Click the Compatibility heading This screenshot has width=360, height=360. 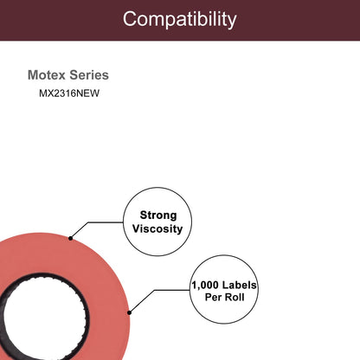[x=179, y=19]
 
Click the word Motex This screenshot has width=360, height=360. [x=47, y=75]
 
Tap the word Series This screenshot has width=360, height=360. [x=89, y=75]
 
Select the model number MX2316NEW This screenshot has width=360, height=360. [x=69, y=93]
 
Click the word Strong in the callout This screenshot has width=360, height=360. [x=158, y=215]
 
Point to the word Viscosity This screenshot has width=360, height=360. [x=157, y=228]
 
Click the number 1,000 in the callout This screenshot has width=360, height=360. [x=205, y=286]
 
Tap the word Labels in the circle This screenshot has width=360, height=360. [x=239, y=285]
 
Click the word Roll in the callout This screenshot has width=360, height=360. [x=235, y=297]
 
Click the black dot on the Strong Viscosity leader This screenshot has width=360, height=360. [x=70, y=238]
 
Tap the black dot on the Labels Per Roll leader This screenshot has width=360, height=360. [x=129, y=312]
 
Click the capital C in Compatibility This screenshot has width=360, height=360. [x=130, y=19]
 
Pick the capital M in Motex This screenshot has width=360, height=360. [x=32, y=75]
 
